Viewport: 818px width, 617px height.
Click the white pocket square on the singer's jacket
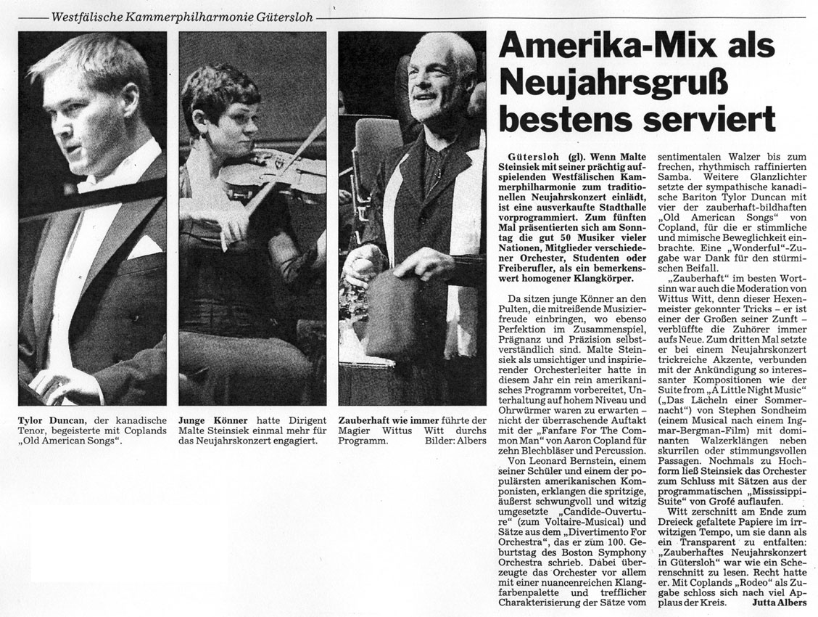click(144, 246)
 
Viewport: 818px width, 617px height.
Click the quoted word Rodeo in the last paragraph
click(752, 581)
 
